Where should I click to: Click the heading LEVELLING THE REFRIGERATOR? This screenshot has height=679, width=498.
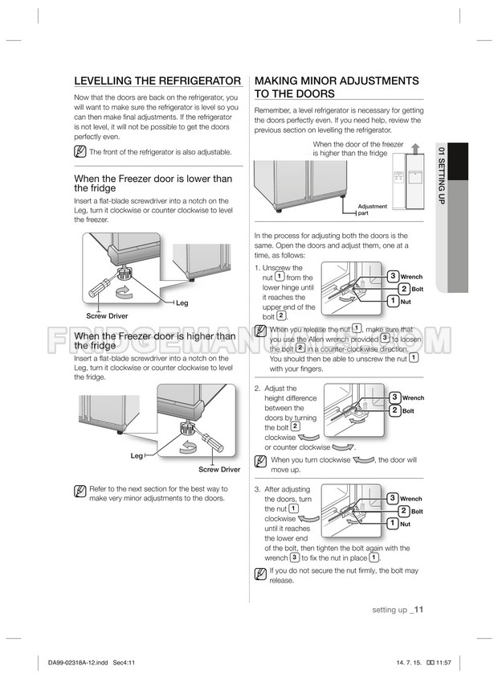[x=157, y=81]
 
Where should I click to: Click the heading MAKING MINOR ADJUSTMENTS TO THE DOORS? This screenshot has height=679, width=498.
[x=336, y=87]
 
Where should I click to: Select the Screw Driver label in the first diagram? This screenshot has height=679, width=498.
[x=107, y=316]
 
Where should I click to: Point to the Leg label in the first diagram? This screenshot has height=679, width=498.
[x=182, y=302]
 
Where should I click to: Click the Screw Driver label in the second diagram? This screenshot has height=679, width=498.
[x=219, y=469]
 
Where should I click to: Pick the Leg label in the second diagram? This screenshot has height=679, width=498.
[x=137, y=456]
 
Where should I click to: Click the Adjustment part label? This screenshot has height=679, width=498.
[x=372, y=210]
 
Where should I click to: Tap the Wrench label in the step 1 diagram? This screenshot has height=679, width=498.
[x=410, y=277]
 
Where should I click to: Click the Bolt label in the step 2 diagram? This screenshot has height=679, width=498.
[x=408, y=411]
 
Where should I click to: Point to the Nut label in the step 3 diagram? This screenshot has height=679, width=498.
[x=406, y=524]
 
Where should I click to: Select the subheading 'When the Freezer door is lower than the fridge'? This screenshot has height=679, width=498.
[x=153, y=183]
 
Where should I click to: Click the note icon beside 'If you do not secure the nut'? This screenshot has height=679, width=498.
[x=260, y=574]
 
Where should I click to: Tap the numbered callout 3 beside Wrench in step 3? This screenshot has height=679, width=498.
[x=394, y=499]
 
